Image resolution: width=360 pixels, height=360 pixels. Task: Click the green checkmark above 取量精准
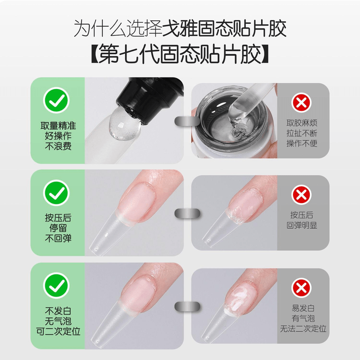click(56, 100)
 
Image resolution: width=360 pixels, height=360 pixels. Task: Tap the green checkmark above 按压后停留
click(56, 193)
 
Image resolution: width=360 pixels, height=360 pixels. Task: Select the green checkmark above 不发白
click(56, 285)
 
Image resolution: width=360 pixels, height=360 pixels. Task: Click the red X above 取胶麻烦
click(302, 103)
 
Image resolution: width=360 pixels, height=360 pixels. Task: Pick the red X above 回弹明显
click(302, 195)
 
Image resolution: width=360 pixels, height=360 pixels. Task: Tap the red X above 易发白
click(302, 288)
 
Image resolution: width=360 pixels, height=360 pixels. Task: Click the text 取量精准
click(58, 126)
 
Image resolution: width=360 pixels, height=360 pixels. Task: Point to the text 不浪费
click(58, 146)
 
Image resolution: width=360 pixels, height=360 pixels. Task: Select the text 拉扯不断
click(302, 133)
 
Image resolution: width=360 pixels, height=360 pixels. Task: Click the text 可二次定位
click(58, 331)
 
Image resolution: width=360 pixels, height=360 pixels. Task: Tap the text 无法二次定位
click(303, 329)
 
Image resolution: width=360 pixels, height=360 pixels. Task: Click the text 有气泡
click(303, 319)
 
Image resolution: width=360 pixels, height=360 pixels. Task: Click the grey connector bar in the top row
click(187, 121)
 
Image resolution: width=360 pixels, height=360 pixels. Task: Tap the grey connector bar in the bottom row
click(187, 307)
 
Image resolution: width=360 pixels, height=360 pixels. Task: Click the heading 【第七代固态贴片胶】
click(180, 54)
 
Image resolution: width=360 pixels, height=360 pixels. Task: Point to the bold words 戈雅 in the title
click(180, 29)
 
